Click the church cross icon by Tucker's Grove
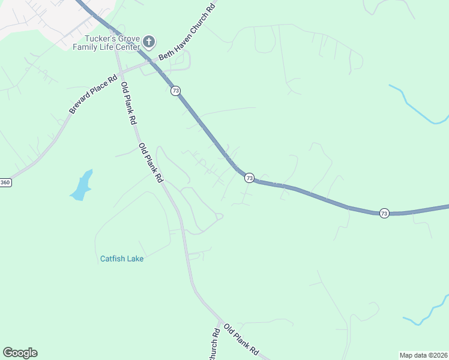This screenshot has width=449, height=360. coord(149,42)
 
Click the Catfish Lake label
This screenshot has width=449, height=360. coord(122,259)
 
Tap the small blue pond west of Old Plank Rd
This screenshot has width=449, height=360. coord(82,186)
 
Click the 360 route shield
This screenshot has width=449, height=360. coord(5,182)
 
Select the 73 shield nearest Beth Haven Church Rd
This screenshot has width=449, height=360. coord(175,91)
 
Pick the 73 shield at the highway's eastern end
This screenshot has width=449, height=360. coord(384,213)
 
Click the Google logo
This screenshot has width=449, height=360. coord(20,353)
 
